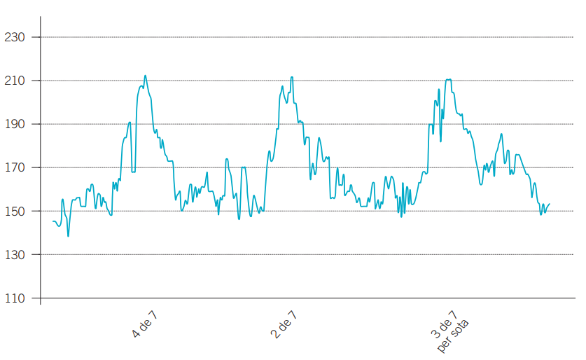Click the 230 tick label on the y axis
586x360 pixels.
click(15, 37)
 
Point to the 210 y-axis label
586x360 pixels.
click(15, 81)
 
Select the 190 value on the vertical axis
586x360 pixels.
click(15, 124)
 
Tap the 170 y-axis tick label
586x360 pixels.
click(15, 167)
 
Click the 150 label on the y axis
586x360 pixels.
click(15, 211)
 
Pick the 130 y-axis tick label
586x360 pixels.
click(15, 255)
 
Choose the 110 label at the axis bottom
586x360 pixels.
click(15, 298)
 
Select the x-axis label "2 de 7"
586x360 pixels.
click(284, 323)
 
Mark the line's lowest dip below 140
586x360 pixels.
click(68, 236)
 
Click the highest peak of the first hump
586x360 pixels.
click(145, 76)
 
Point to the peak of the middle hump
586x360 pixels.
click(291, 78)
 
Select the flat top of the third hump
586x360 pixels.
click(448, 80)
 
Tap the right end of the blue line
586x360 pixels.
click(550, 204)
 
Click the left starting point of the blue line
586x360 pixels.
click(53, 221)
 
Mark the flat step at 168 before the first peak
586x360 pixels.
click(133, 172)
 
